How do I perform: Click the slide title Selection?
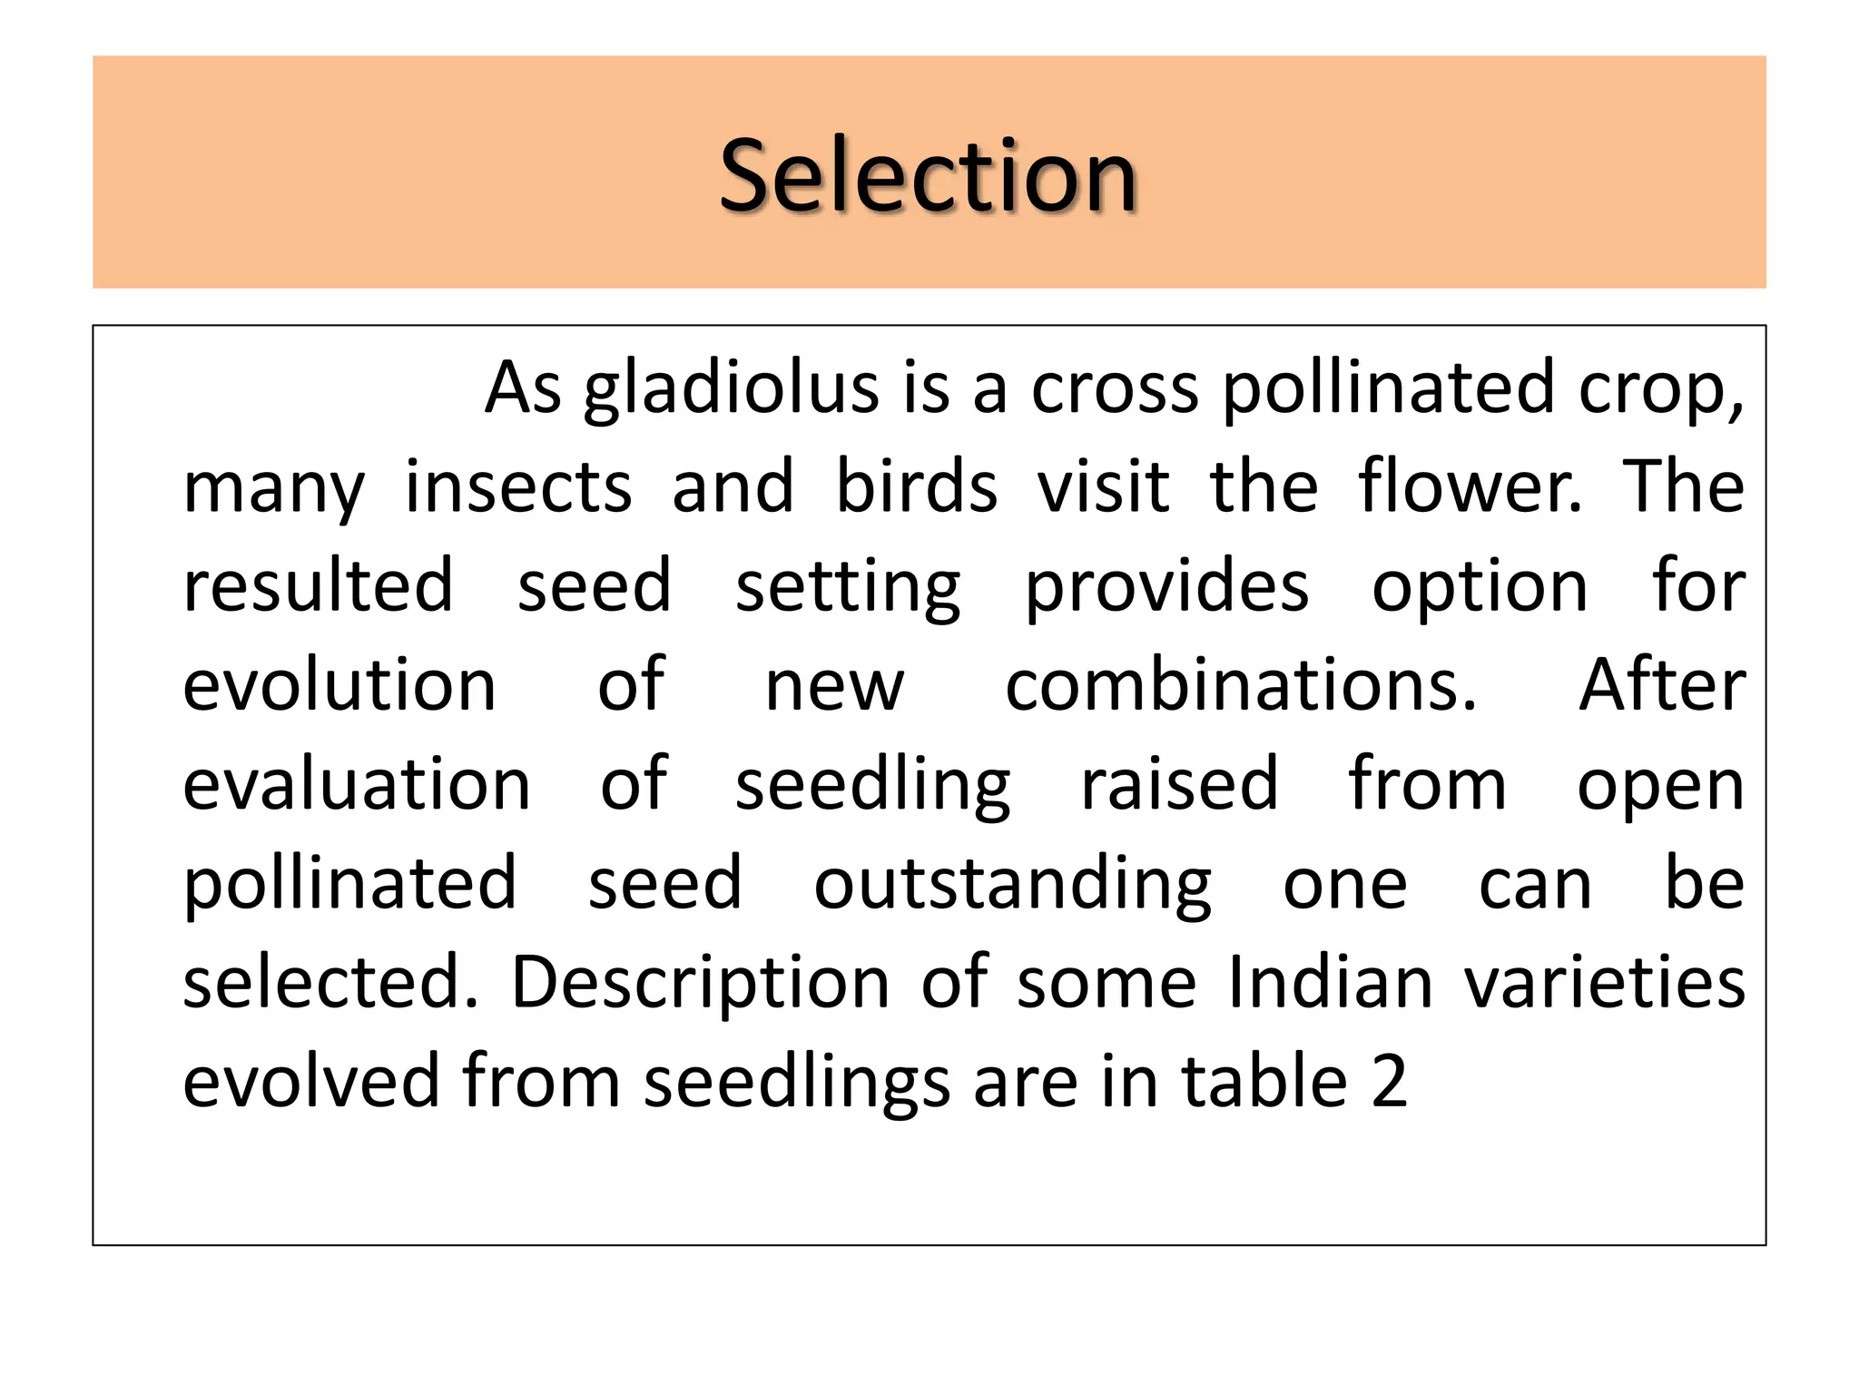tap(928, 174)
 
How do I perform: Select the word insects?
tap(517, 487)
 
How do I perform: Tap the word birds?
tap(916, 487)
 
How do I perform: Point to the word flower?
tap(1469, 487)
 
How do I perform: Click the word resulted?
tap(318, 586)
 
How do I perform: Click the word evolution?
tap(339, 685)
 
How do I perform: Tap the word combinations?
tap(1241, 685)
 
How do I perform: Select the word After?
tap(1662, 685)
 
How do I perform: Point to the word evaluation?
tap(357, 784)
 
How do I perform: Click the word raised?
tap(1179, 784)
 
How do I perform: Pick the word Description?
tap(700, 984)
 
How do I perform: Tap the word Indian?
tap(1330, 982)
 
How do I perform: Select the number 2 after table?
tap(1389, 1081)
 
